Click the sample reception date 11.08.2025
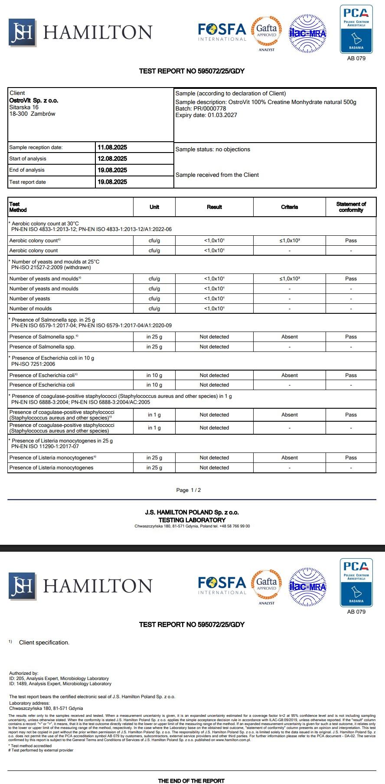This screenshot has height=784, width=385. point(112,147)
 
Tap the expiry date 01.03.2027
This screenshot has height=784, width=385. point(222,115)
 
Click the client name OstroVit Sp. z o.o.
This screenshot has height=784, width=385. point(34,101)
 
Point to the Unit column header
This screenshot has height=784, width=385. point(154,207)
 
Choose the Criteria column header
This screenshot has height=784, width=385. point(289,207)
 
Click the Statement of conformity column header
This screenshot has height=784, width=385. point(351,207)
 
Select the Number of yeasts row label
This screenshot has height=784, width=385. point(30,299)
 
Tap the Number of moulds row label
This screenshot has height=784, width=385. point(31,309)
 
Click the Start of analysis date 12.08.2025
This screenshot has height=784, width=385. point(112,159)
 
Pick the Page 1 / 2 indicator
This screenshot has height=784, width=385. point(189,490)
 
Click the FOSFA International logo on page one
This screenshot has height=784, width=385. point(222,32)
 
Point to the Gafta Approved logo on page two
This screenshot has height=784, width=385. point(267,585)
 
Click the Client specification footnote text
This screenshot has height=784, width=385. point(44,642)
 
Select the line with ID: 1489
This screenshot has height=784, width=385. point(60,683)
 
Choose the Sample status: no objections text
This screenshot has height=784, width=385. point(213,150)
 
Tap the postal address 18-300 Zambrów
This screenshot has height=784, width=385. point(33,114)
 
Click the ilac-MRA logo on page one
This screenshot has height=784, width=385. point(307,33)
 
